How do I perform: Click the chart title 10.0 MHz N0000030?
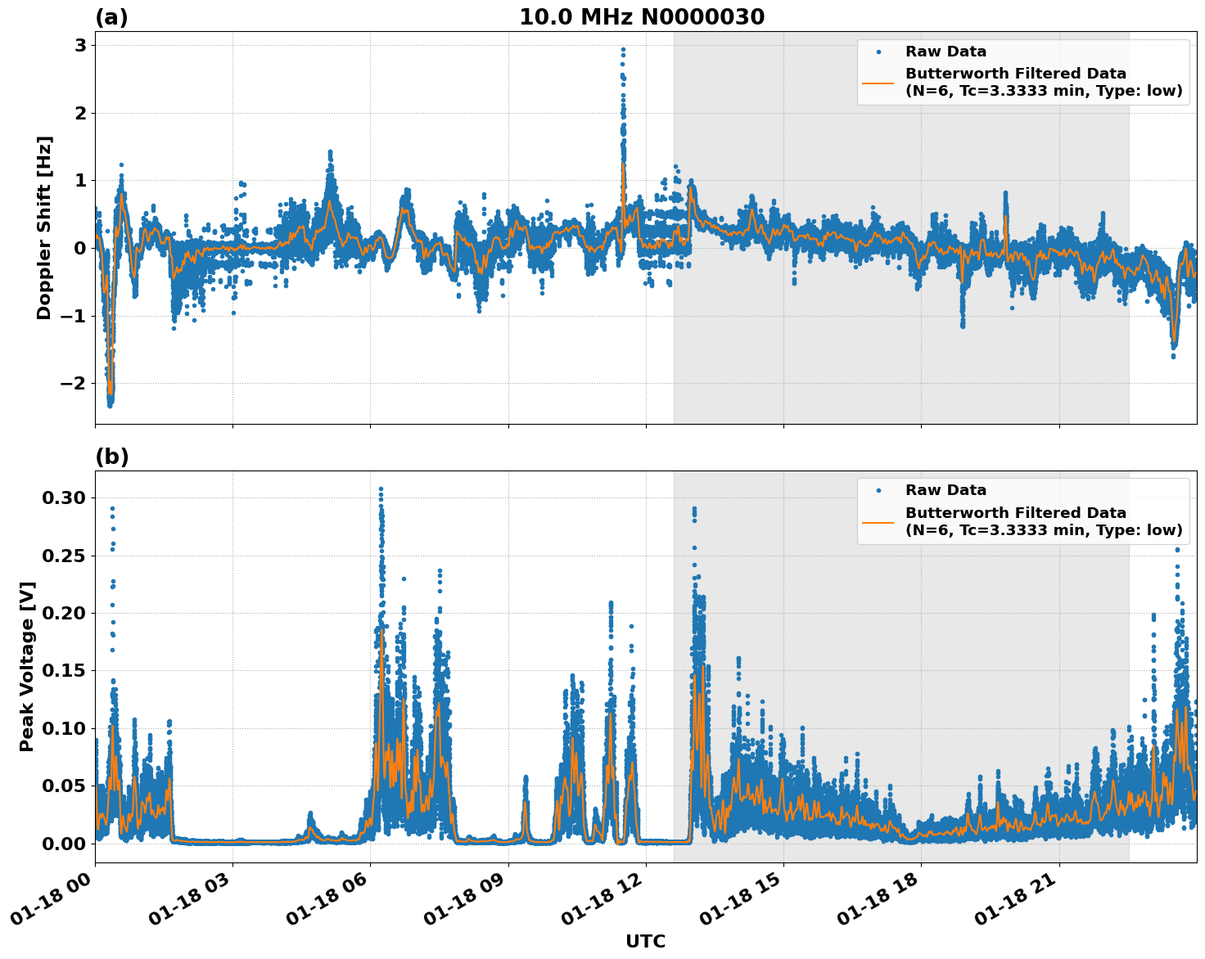[x=642, y=17]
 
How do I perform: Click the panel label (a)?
[x=111, y=17]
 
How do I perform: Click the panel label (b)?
[x=111, y=457]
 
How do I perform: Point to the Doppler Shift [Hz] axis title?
[x=44, y=227]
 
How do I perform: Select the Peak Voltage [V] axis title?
[x=27, y=666]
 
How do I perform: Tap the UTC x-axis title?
[x=645, y=941]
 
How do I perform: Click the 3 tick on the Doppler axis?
[x=80, y=45]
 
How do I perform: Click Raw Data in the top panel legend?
[x=945, y=52]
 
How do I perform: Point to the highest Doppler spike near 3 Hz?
[x=623, y=50]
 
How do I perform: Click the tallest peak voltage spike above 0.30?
[x=381, y=489]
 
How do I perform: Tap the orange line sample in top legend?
[x=878, y=82]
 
